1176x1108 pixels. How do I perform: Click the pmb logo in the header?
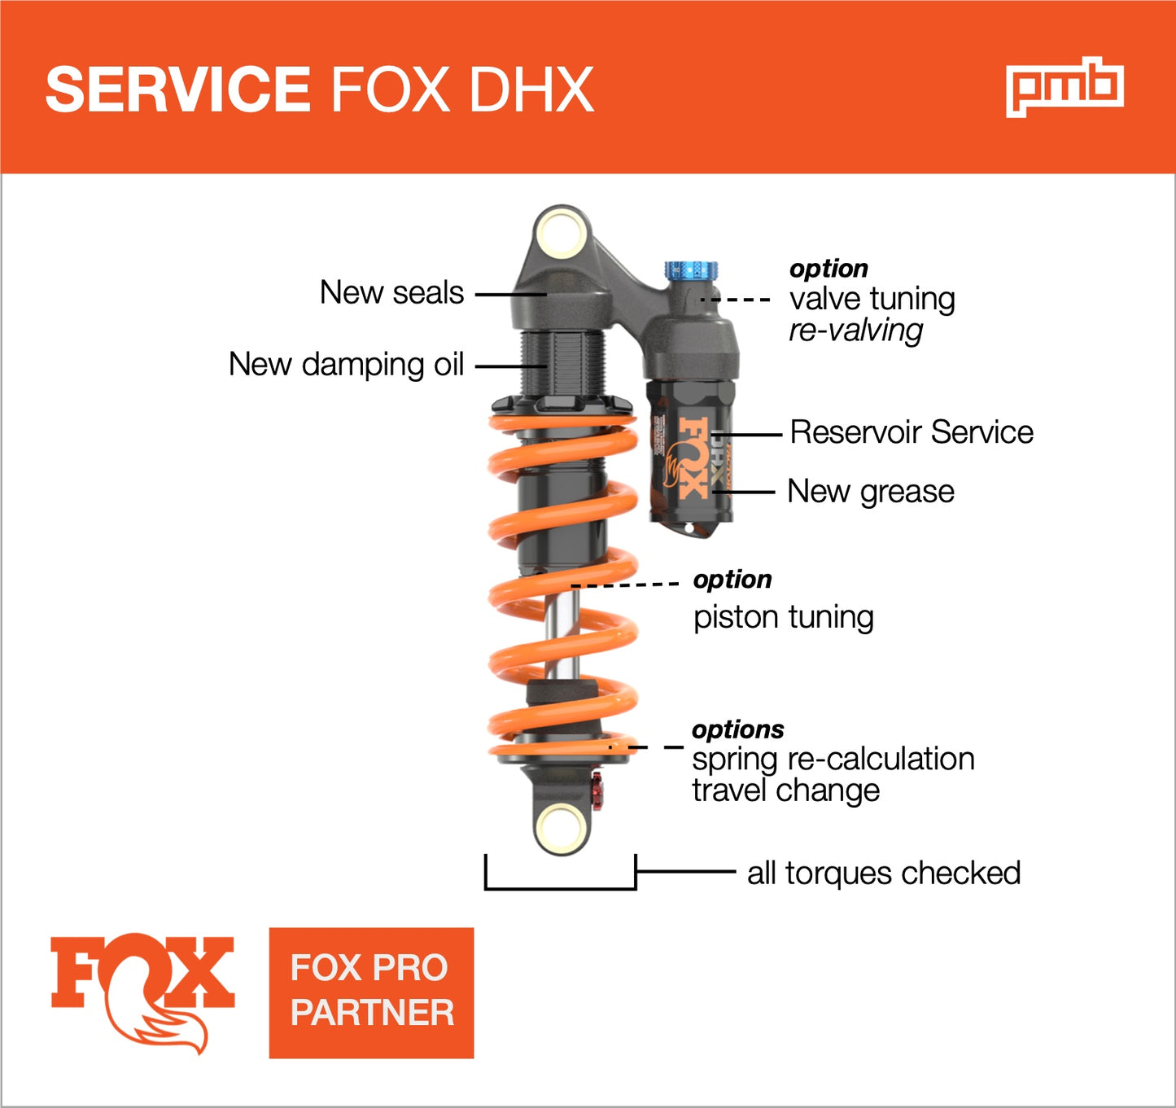(x=1065, y=87)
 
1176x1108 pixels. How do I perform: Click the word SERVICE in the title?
(x=177, y=90)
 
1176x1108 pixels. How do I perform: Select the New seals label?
(x=391, y=293)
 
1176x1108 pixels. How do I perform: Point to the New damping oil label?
(x=346, y=365)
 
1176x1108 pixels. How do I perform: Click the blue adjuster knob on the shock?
(x=691, y=269)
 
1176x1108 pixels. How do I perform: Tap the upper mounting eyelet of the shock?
(x=562, y=232)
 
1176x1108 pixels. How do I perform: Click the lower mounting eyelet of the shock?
(x=562, y=829)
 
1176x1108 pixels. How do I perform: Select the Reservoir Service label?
(x=912, y=432)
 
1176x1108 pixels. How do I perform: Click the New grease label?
(x=871, y=492)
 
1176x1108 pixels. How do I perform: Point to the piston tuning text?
(x=783, y=617)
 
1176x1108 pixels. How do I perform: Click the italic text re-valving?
(x=855, y=331)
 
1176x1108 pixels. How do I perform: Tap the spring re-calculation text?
(x=833, y=759)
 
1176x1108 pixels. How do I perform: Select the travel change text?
(x=785, y=790)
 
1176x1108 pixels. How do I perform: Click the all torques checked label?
(x=883, y=873)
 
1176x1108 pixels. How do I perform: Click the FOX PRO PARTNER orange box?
(x=371, y=992)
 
